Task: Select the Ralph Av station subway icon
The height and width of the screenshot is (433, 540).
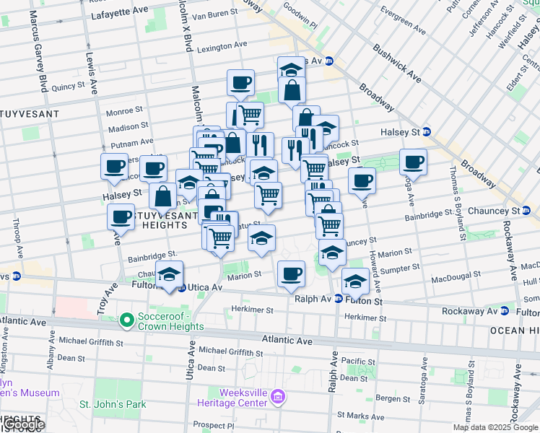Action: pyautogui.click(x=337, y=299)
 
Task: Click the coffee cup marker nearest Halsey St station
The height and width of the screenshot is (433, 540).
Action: pyautogui.click(x=413, y=162)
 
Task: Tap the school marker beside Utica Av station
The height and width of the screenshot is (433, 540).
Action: pyautogui.click(x=170, y=276)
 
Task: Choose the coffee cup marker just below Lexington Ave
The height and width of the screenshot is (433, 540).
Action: pyautogui.click(x=240, y=83)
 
